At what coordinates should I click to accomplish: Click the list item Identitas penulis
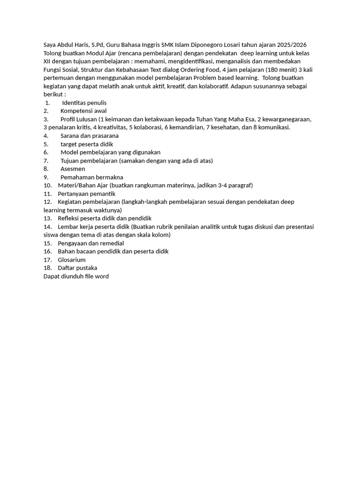point(84,103)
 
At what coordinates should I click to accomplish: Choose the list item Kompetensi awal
point(83,111)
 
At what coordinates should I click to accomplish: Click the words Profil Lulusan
point(78,119)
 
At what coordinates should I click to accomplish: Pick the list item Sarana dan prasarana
point(90,135)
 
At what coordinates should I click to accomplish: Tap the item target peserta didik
point(87,144)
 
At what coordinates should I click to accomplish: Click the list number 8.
point(46,169)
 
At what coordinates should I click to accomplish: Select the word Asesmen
point(73,169)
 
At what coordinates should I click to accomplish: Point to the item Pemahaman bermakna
point(92,177)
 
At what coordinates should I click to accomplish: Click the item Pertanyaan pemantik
point(87,194)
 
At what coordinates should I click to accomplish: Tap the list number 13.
point(47,218)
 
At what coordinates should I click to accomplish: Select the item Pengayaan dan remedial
point(91,243)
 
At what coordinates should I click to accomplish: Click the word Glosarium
point(72,260)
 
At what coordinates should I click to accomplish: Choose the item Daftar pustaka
point(78,268)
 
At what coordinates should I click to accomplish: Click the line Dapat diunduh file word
point(76,277)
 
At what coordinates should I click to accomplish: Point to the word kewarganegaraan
point(286,119)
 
